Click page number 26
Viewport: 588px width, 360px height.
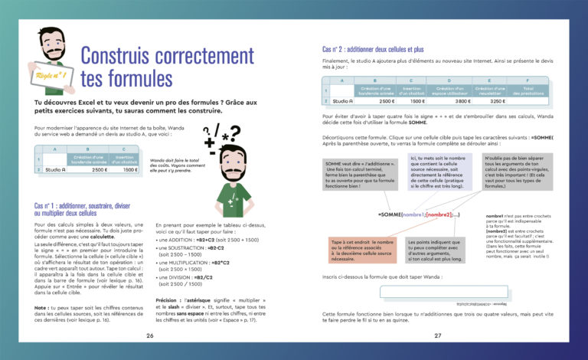[x=149, y=335]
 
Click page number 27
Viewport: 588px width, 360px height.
[x=438, y=335]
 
